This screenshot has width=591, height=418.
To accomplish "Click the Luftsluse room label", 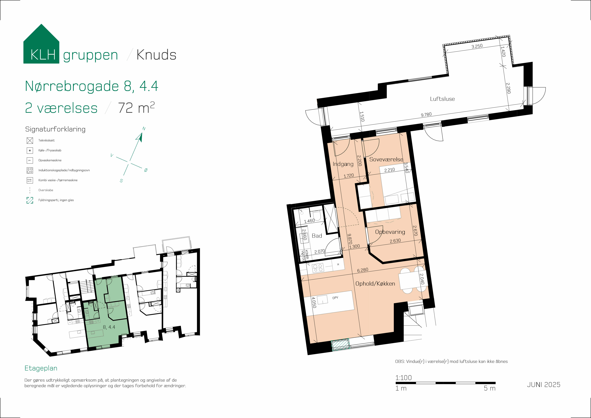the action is click(442, 99).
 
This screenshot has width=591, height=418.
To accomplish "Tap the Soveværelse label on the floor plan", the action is click(386, 159).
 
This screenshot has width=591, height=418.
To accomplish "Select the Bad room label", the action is click(317, 235).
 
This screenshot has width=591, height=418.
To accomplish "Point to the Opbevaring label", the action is click(390, 232).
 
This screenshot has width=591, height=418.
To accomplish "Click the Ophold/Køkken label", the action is click(375, 284).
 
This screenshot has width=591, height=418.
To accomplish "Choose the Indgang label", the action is click(343, 164).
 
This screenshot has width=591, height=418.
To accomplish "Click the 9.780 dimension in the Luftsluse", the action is click(426, 115).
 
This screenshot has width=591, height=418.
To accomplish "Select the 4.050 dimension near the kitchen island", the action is click(314, 302).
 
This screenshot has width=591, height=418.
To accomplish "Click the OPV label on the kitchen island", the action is click(335, 298).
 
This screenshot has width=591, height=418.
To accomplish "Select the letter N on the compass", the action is click(144, 128).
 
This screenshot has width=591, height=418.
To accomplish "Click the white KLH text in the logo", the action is click(43, 55).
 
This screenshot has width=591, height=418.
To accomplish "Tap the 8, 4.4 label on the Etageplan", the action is click(109, 327).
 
